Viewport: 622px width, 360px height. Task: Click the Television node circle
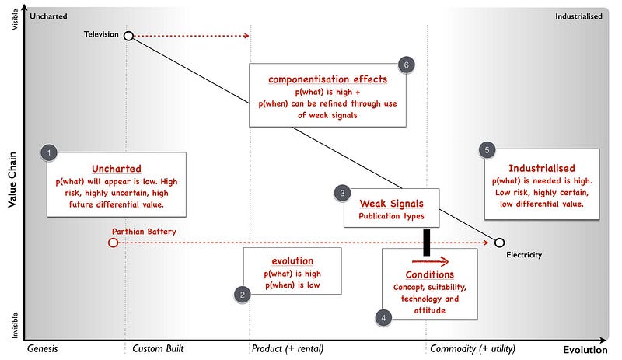[x=128, y=35]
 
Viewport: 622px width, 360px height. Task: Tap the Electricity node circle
[x=499, y=243]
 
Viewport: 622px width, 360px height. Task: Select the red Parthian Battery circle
[x=114, y=243]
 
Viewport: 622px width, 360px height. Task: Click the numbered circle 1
[x=50, y=152]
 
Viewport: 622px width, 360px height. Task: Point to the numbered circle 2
[x=243, y=294]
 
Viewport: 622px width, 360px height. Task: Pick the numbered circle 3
[x=343, y=193]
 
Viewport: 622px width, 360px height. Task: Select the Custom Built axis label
[x=158, y=348]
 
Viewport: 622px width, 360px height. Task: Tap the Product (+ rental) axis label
[x=288, y=348]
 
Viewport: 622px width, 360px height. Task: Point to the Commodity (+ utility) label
[x=473, y=348]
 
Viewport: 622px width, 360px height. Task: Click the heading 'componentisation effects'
[x=327, y=79]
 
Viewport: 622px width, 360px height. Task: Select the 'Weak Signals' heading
[x=391, y=203]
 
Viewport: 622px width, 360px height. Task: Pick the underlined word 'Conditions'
[x=429, y=274]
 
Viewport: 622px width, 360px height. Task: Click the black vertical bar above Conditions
[x=427, y=242]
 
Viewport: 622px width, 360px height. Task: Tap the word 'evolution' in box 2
[x=292, y=261]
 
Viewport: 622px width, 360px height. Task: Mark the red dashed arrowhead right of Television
[x=246, y=35]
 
